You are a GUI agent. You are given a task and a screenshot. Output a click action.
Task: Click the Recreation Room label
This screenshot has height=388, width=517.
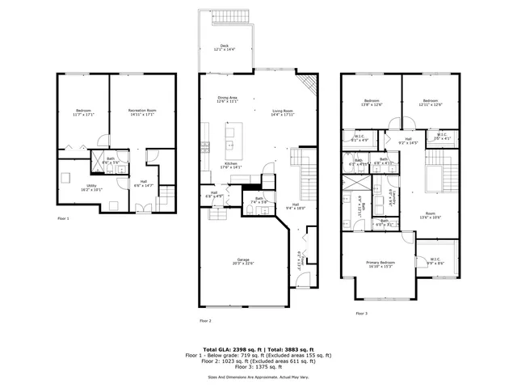(141, 112)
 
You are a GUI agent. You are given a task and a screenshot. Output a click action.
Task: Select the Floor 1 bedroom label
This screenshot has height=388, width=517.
(84, 112)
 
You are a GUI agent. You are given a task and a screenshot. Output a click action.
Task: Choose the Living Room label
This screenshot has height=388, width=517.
(281, 112)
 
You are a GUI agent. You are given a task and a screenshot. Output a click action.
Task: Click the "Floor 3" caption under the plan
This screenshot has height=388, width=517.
(360, 313)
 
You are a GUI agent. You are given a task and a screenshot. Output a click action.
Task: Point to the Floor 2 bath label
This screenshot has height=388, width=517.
(259, 200)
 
